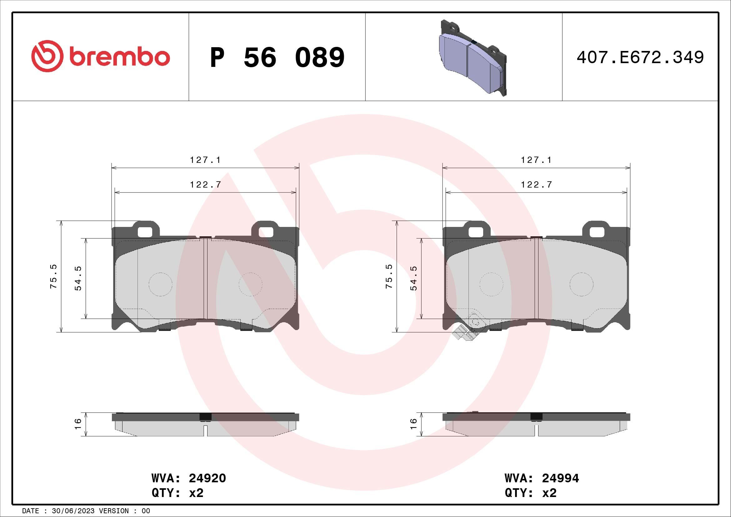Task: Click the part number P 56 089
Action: (277, 58)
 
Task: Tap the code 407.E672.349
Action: (640, 58)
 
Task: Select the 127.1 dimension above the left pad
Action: (205, 160)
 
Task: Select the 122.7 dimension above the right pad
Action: (537, 184)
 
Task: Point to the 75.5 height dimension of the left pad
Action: (53, 276)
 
